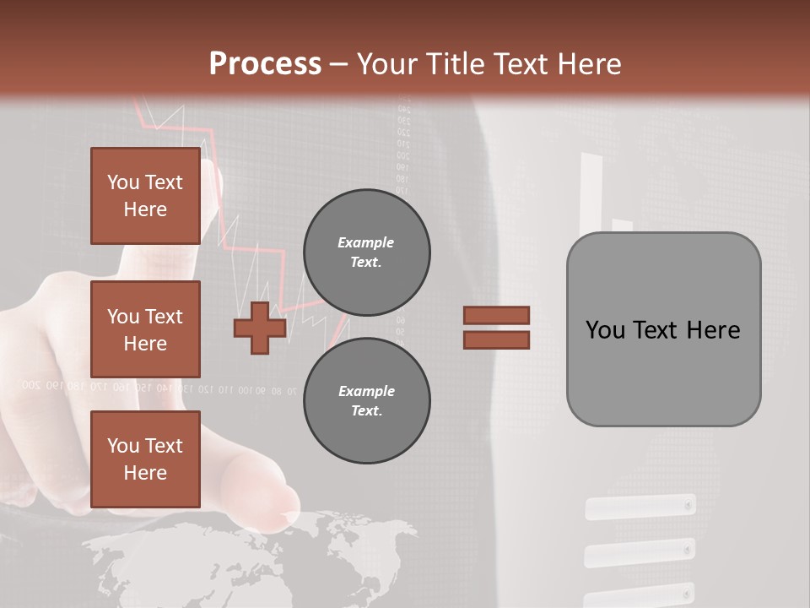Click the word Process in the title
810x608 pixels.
point(265,64)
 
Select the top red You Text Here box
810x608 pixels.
point(145,196)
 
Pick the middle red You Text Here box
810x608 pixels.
point(145,329)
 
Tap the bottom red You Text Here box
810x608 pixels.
point(145,459)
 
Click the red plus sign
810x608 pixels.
point(260,328)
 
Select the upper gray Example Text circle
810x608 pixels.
point(366,252)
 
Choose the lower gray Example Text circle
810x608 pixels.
point(366,401)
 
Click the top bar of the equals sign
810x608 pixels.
point(496,315)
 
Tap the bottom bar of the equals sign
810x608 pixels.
point(496,339)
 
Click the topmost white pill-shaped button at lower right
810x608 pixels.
point(640,507)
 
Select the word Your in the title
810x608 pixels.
point(387,64)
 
